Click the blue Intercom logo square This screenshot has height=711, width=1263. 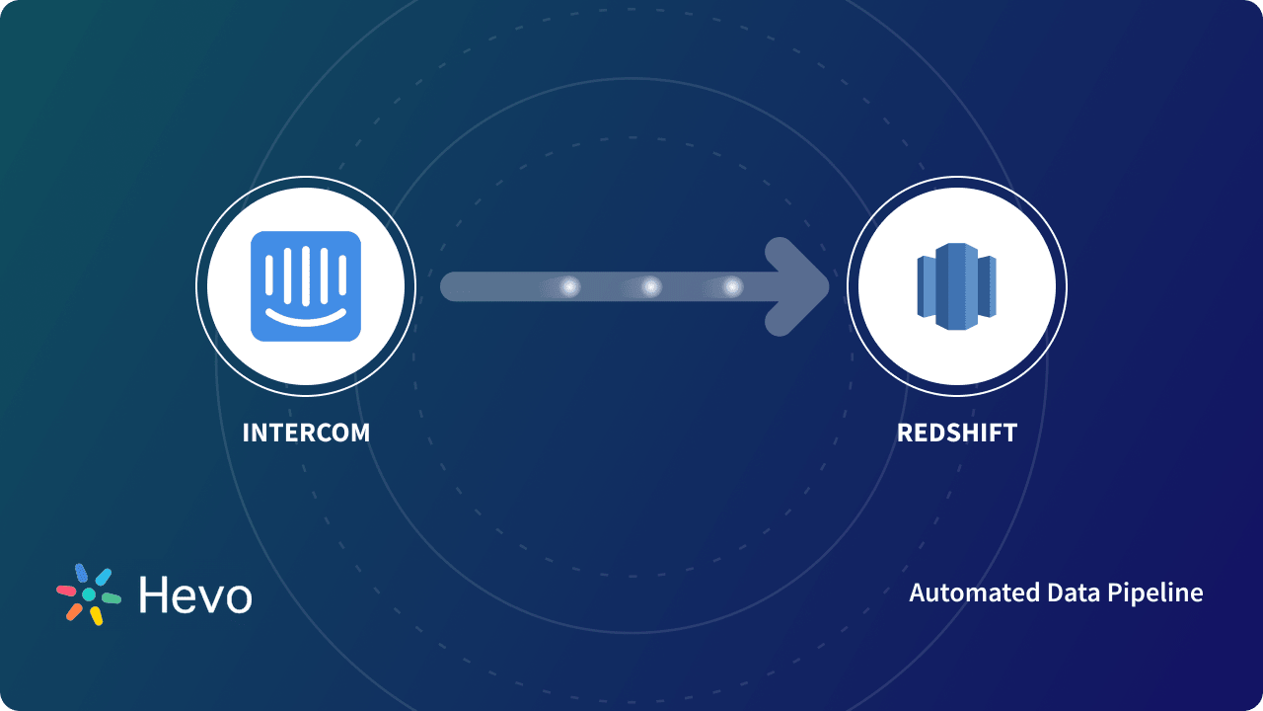pos(306,286)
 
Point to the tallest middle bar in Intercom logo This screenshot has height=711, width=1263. pos(306,274)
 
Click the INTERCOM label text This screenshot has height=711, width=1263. pos(306,433)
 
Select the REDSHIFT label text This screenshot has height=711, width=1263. pos(956,433)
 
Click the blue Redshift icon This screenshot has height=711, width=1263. pos(956,286)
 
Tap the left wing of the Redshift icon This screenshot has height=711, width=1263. pos(926,286)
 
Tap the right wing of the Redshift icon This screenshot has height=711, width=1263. pos(987,286)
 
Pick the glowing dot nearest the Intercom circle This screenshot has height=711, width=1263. pos(569,287)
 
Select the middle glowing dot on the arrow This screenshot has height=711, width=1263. pos(651,287)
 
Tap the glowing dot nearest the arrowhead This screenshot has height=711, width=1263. pos(732,287)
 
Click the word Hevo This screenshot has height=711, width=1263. pos(195,595)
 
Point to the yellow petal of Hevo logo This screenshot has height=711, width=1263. pos(96,615)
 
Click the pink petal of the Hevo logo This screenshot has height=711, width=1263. pos(66,591)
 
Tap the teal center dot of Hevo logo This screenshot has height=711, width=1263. pos(88,594)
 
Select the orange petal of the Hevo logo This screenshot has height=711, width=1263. pos(74,611)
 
